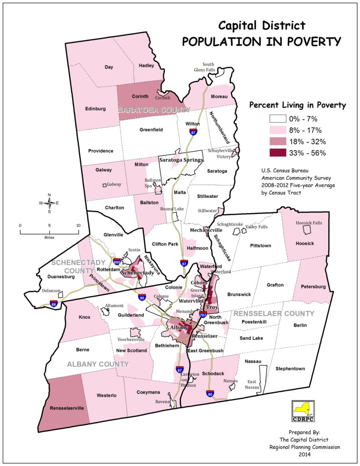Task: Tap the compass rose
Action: [49, 203]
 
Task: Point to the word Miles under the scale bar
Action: [49, 237]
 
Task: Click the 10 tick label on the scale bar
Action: [78, 225]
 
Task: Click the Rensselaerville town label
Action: [67, 408]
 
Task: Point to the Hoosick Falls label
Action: [309, 223]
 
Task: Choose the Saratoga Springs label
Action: [181, 160]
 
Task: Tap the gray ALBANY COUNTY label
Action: [98, 364]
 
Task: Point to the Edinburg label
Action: [95, 109]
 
